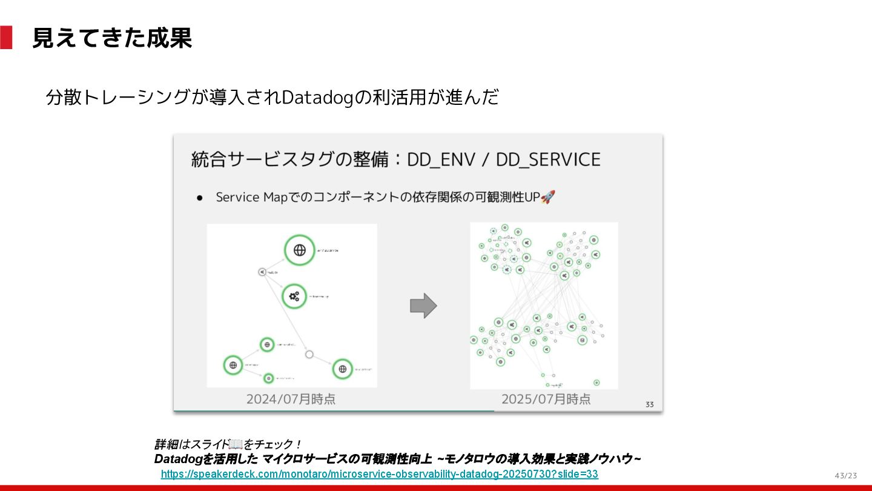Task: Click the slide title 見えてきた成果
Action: pyautogui.click(x=112, y=38)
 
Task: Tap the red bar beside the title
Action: pyautogui.click(x=6, y=38)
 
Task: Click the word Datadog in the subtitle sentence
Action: pyautogui.click(x=317, y=97)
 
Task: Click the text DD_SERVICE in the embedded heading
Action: pyautogui.click(x=548, y=159)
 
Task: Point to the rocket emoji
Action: pyautogui.click(x=547, y=197)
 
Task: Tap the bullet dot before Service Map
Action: pyautogui.click(x=199, y=198)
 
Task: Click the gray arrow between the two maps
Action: pyautogui.click(x=423, y=306)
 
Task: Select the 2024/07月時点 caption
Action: pyautogui.click(x=291, y=399)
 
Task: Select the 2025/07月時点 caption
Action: pyautogui.click(x=546, y=399)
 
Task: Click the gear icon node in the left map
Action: pyautogui.click(x=295, y=296)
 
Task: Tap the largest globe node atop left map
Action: pyautogui.click(x=299, y=250)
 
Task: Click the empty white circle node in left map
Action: pyautogui.click(x=309, y=354)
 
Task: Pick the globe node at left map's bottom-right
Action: pyautogui.click(x=342, y=368)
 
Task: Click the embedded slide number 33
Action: pyautogui.click(x=650, y=404)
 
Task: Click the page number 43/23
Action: pyautogui.click(x=846, y=475)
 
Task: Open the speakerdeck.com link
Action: pyautogui.click(x=379, y=474)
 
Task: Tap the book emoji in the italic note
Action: pyautogui.click(x=236, y=444)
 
